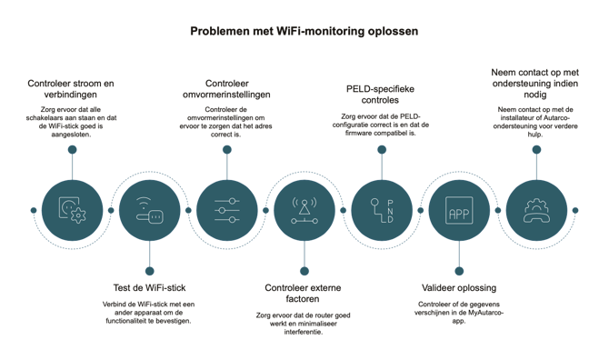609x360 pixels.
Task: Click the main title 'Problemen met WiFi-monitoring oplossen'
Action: pos(304,32)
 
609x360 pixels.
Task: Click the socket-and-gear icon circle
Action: pos(72,211)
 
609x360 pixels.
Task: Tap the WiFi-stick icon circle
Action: pos(150,211)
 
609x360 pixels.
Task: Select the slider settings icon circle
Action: pos(227,211)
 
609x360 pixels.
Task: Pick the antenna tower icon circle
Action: pos(304,211)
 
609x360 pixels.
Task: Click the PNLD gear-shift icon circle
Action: pos(382,211)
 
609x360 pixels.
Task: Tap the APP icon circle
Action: pos(459,211)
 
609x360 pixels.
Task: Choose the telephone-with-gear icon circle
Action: pos(536,211)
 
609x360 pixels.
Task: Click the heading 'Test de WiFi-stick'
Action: pos(150,288)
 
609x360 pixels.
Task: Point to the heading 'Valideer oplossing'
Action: pos(459,288)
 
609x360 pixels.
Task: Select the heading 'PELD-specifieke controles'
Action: pos(380,95)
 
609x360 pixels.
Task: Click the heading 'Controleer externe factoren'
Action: pos(303,294)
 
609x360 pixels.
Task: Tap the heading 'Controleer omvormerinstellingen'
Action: pos(226,89)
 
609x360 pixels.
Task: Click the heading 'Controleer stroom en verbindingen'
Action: pos(71,89)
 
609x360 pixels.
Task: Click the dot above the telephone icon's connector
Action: pos(536,149)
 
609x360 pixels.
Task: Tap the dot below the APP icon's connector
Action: pos(459,271)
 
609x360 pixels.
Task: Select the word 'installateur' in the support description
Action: pos(516,118)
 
